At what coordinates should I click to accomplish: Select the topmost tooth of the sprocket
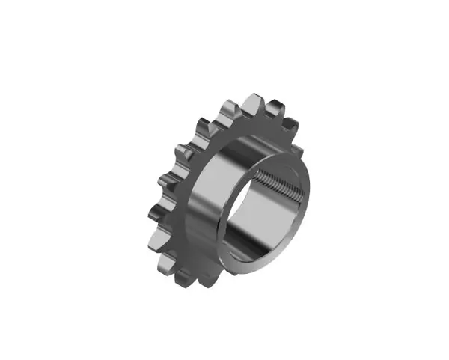coord(251,100)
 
